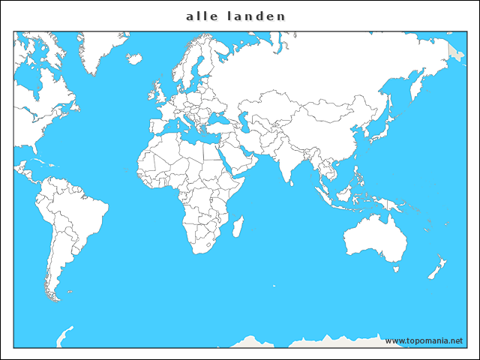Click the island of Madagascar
(238, 226)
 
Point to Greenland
(101, 49)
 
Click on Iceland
(135, 57)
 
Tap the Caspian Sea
(244, 124)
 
